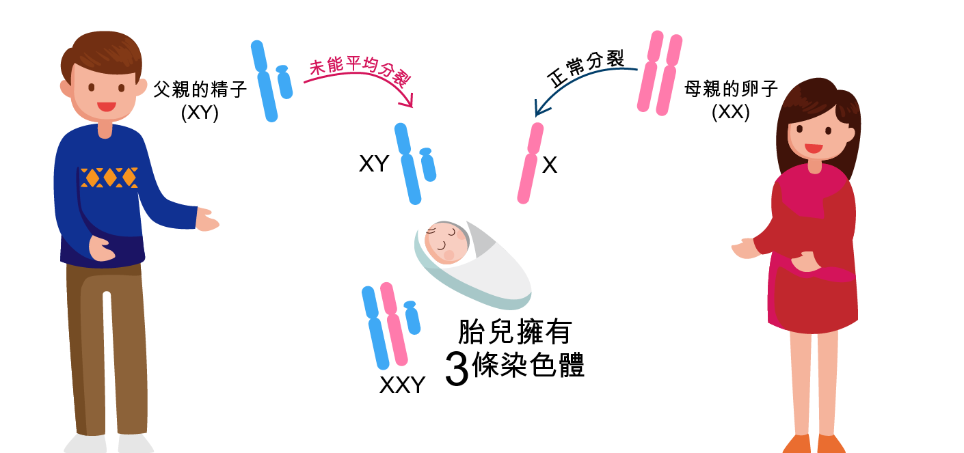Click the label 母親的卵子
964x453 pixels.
pyautogui.click(x=732, y=90)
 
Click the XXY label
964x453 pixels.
pyautogui.click(x=402, y=385)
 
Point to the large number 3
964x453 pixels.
pyautogui.click(x=457, y=369)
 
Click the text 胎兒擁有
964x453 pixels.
pyautogui.click(x=514, y=332)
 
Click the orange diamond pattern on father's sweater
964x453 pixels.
pyautogui.click(x=109, y=177)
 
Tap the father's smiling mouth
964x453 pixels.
pyautogui.click(x=106, y=107)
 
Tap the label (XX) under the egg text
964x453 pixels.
pyautogui.click(x=731, y=113)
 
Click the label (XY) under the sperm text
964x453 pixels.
pyautogui.click(x=200, y=113)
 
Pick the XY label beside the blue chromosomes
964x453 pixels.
pyautogui.click(x=374, y=164)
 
